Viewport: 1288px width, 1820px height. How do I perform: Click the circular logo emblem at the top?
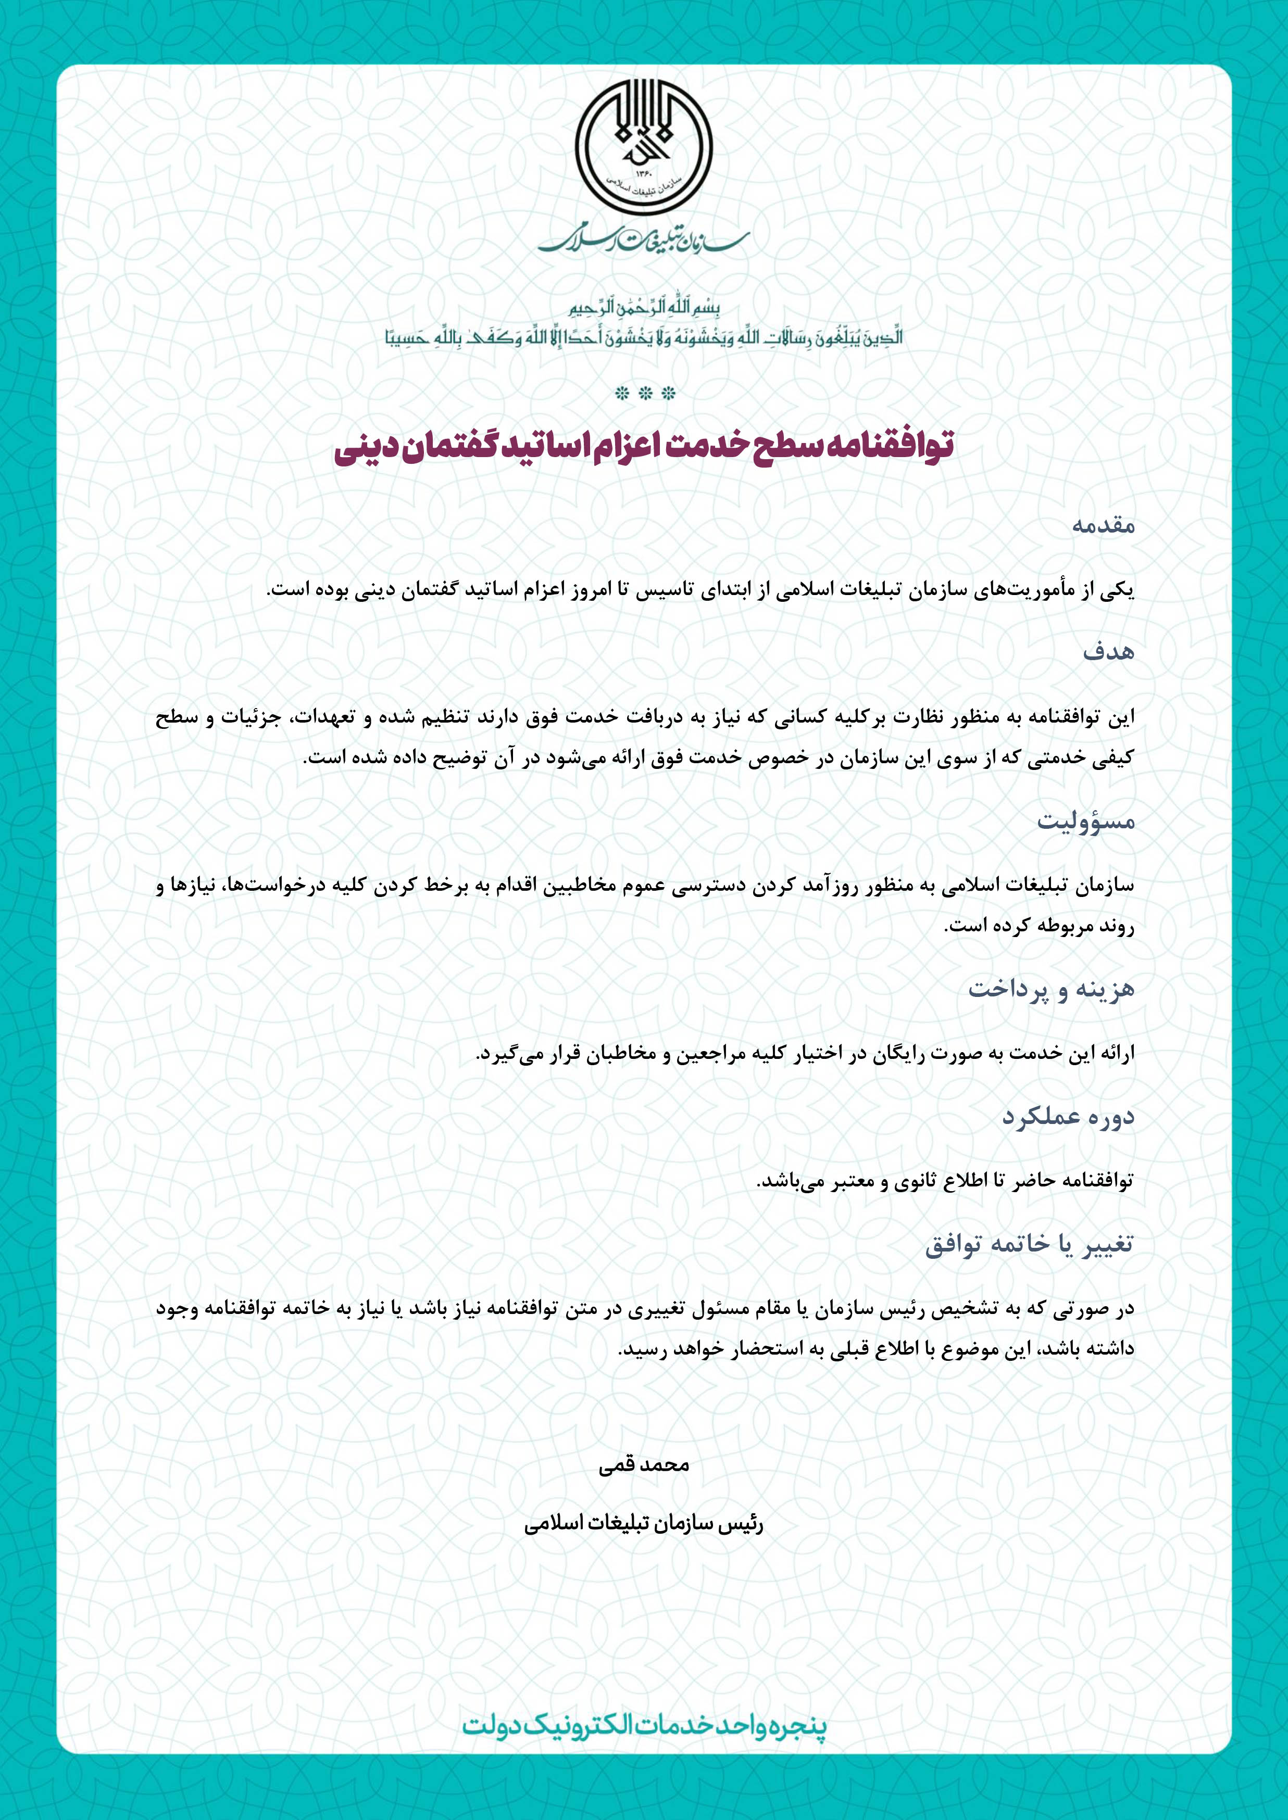643,150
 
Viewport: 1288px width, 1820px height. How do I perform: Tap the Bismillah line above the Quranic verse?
644,308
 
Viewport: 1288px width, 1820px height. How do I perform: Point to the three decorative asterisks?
644,394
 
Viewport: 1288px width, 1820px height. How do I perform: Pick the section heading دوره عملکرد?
1068,1118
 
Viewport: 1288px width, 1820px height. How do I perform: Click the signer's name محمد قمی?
644,1465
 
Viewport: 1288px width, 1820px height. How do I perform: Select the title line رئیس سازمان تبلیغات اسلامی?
644,1524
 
